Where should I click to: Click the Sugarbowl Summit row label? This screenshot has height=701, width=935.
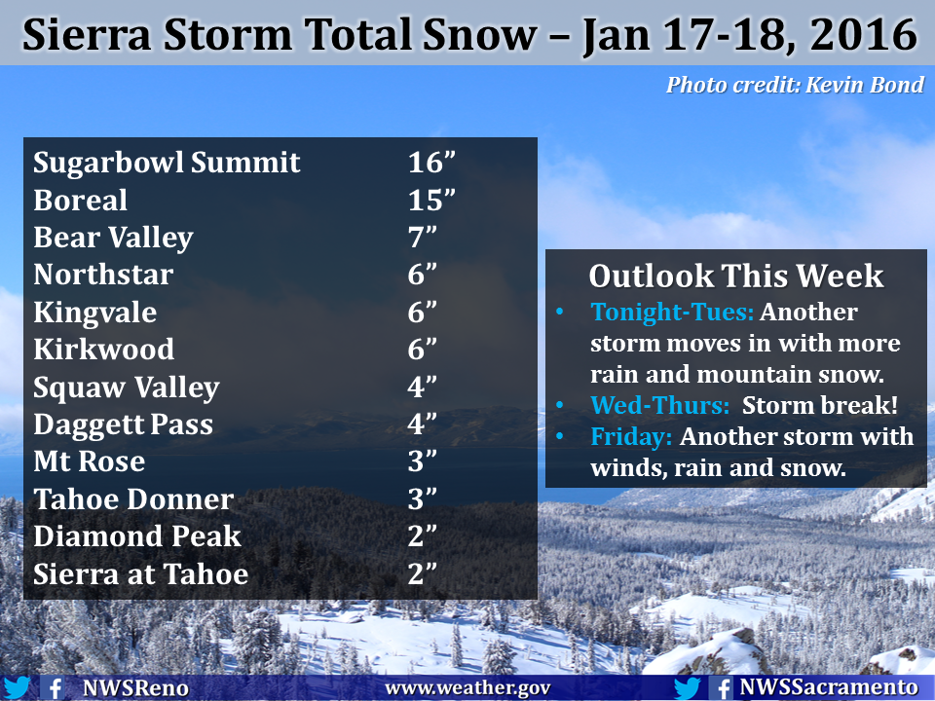click(x=167, y=163)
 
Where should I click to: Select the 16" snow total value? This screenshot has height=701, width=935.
click(x=431, y=163)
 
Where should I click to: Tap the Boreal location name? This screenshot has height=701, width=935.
click(x=80, y=201)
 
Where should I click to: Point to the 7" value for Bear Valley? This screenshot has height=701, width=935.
click(x=422, y=238)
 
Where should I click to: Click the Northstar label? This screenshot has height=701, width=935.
click(x=103, y=275)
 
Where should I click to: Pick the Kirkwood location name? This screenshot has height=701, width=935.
click(x=104, y=350)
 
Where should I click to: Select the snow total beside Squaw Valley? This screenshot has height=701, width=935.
click(x=422, y=387)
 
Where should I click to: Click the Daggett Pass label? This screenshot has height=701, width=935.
click(x=123, y=425)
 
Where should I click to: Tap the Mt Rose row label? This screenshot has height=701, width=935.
click(x=90, y=461)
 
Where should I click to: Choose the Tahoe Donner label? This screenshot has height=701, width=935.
click(x=133, y=499)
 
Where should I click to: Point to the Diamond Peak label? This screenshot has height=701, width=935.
click(x=137, y=536)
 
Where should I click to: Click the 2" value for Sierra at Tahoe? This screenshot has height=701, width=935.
click(x=422, y=574)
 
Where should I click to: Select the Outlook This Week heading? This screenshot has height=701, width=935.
click(x=736, y=276)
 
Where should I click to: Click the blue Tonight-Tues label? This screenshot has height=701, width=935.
click(x=672, y=313)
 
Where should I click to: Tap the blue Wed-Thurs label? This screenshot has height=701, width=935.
click(x=659, y=405)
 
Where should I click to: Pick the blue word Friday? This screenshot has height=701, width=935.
click(x=631, y=437)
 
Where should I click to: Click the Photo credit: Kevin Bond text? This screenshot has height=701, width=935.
click(x=795, y=86)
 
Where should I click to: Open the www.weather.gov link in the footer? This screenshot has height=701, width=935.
click(x=467, y=688)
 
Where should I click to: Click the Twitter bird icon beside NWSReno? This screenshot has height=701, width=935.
click(x=17, y=688)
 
